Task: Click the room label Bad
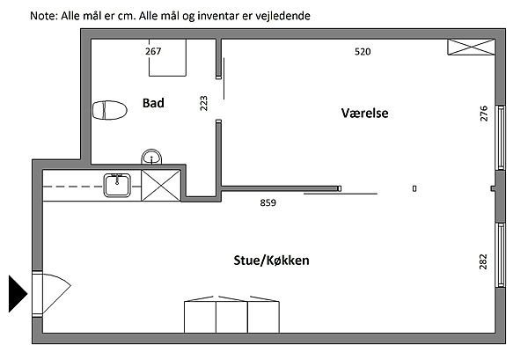coord(154,103)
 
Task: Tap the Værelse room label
coord(364,114)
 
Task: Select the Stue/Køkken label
coord(271,261)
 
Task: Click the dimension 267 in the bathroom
coord(153,51)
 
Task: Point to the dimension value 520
coord(363,52)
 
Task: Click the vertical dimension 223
coord(204,104)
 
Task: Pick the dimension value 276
coord(483,114)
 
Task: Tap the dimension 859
coord(268,203)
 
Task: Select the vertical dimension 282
coord(483,261)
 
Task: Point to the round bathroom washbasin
coord(153,158)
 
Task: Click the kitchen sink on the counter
coord(117,185)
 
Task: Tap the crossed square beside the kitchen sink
coord(160,185)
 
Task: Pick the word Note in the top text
coord(40,16)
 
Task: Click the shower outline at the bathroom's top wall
coord(165,58)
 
